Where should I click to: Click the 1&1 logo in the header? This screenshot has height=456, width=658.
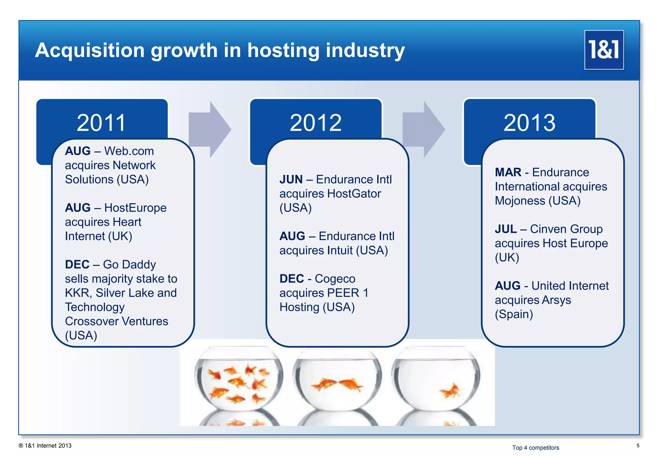pyautogui.click(x=604, y=50)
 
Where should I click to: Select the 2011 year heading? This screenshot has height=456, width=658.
pyautogui.click(x=101, y=123)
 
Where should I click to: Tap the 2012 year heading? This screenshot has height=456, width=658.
pyautogui.click(x=316, y=123)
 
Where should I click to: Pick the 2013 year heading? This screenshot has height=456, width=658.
pyautogui.click(x=529, y=123)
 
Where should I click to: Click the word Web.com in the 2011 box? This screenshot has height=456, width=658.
pyautogui.click(x=129, y=151)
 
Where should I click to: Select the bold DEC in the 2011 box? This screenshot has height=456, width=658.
pyautogui.click(x=77, y=265)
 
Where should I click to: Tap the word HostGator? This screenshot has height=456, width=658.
pyautogui.click(x=354, y=194)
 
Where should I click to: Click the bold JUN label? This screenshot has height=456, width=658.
pyautogui.click(x=291, y=179)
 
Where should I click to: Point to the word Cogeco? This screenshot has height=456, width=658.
pyautogui.click(x=335, y=279)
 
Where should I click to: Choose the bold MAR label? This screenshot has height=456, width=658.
pyautogui.click(x=508, y=172)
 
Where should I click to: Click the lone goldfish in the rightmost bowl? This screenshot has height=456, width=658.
pyautogui.click(x=451, y=391)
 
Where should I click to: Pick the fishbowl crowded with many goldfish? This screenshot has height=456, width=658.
pyautogui.click(x=238, y=379)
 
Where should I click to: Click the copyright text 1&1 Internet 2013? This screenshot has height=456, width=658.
pyautogui.click(x=45, y=446)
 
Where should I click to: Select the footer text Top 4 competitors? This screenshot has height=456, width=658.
pyautogui.click(x=535, y=448)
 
